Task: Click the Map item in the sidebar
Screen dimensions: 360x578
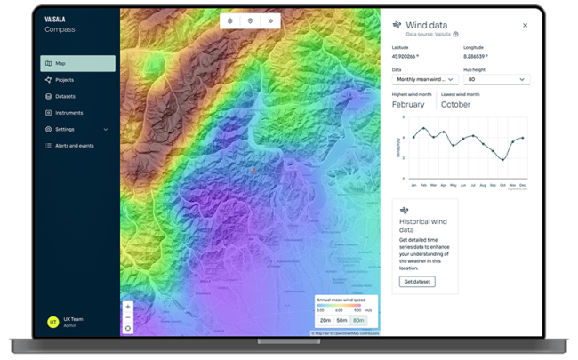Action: point(77,63)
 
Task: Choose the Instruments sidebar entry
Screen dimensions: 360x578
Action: point(68,113)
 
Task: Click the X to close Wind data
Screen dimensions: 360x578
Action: point(525,26)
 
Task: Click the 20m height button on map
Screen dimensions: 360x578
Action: point(325,320)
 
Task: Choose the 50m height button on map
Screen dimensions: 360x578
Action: point(341,320)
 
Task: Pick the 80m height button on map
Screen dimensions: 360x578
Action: point(358,320)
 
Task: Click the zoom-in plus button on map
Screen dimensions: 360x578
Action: point(128,307)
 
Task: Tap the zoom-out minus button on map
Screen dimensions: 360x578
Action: point(128,317)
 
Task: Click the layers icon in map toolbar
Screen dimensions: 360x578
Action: point(229,20)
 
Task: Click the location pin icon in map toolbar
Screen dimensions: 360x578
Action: point(250,20)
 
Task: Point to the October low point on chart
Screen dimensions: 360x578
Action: point(502,160)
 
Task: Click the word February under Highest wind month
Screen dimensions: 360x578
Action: point(408,104)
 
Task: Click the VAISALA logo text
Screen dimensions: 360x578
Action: point(55,19)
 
